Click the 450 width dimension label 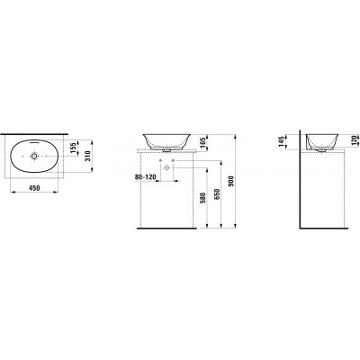[34, 188]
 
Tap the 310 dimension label [87, 156]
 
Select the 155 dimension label [74, 147]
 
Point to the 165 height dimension [202, 141]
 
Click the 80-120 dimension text [146, 177]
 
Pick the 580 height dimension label [202, 197]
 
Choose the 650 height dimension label [218, 194]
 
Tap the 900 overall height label [230, 181]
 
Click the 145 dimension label [281, 141]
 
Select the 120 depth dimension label [354, 140]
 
